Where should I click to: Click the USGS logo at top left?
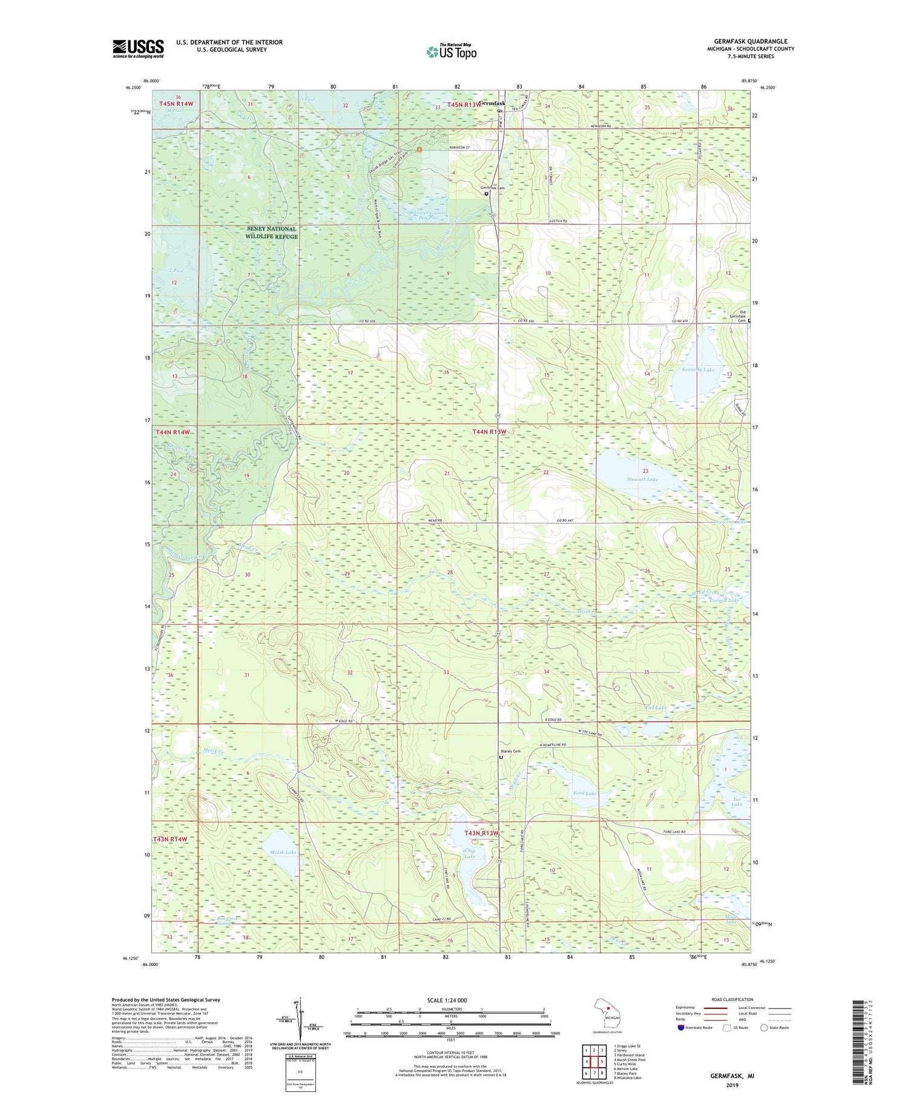point(138,48)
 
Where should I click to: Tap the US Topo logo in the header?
point(452,51)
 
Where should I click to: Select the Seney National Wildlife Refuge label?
point(272,233)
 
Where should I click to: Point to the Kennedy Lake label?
point(697,369)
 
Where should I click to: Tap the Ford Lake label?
point(584,793)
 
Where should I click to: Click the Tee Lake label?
point(736,801)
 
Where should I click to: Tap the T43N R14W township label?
point(171,839)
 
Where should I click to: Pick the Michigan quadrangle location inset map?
point(609,1014)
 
